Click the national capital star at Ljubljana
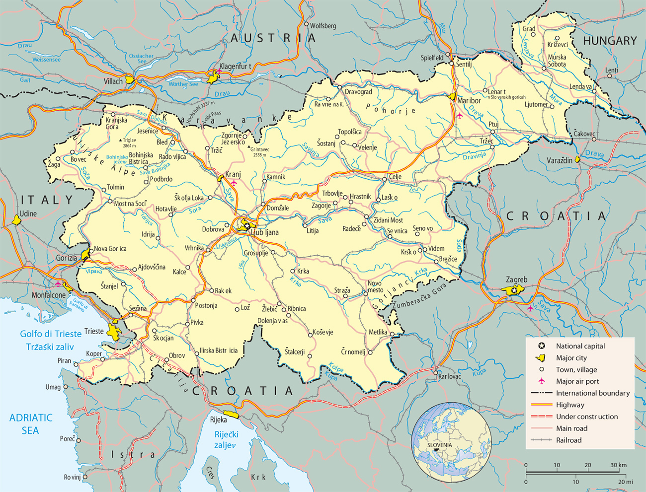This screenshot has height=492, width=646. [247, 226]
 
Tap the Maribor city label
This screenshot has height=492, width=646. [469, 101]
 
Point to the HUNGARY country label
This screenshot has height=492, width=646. [610, 41]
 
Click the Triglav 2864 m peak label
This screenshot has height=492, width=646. [129, 143]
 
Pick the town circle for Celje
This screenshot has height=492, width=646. [385, 179]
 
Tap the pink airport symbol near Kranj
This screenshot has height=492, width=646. [234, 183]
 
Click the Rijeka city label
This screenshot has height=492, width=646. [218, 420]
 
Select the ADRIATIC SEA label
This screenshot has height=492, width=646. [30, 424]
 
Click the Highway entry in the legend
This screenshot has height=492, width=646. [570, 405]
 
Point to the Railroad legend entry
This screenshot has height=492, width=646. [568, 440]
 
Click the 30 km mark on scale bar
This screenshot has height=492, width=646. [619, 465]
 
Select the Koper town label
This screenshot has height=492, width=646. [94, 354]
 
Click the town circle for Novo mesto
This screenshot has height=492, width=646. [366, 294]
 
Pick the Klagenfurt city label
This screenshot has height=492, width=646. [236, 67]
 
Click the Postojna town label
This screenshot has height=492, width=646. [206, 305]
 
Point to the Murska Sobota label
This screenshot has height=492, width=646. [557, 61]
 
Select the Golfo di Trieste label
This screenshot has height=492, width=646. [51, 334]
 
